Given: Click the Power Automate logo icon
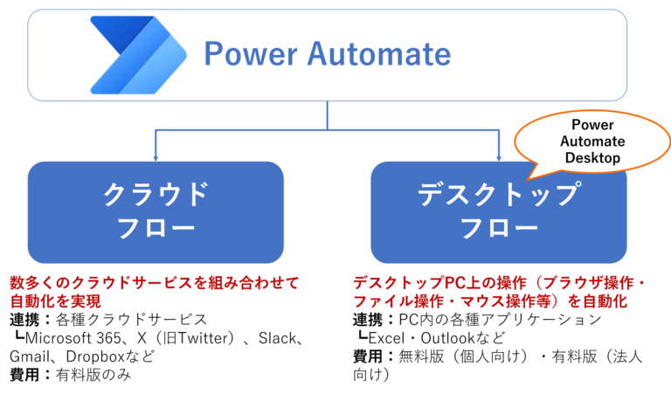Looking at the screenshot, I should point(131,54).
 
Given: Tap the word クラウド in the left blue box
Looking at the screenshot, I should point(156,194).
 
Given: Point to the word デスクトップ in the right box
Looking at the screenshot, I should point(499,194).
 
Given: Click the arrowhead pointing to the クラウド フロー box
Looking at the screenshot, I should point(156,155).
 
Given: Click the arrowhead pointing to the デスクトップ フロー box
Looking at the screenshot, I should point(499,155).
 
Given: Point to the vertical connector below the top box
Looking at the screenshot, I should point(328,114).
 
